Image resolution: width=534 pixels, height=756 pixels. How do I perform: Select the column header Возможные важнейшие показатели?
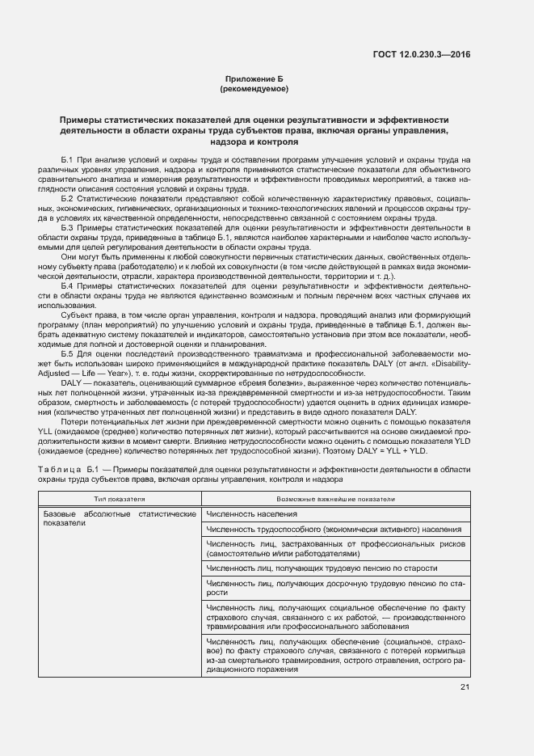click(335, 499)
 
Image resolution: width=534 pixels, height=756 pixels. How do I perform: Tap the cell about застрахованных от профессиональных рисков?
click(336, 550)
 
